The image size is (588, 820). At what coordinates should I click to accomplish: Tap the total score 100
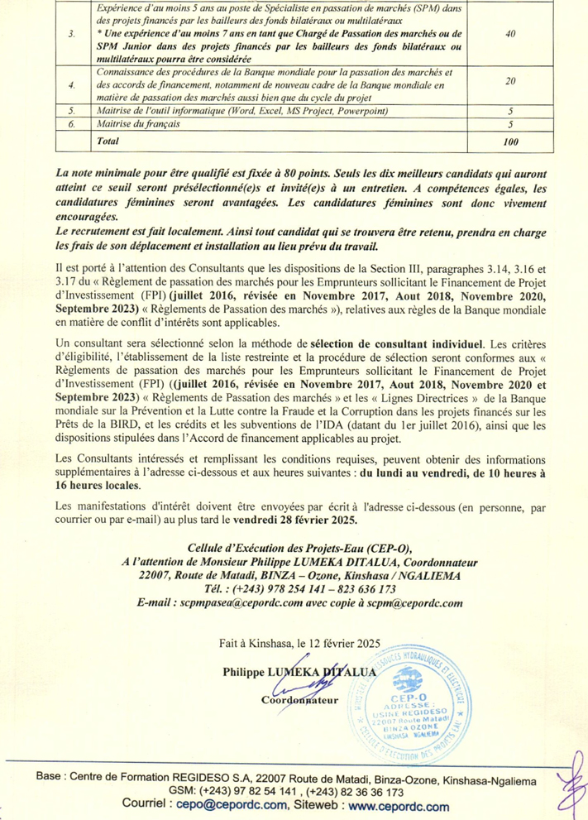coord(510,142)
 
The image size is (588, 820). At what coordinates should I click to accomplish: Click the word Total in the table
coord(108,141)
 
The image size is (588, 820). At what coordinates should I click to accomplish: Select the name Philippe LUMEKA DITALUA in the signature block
coord(299,672)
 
